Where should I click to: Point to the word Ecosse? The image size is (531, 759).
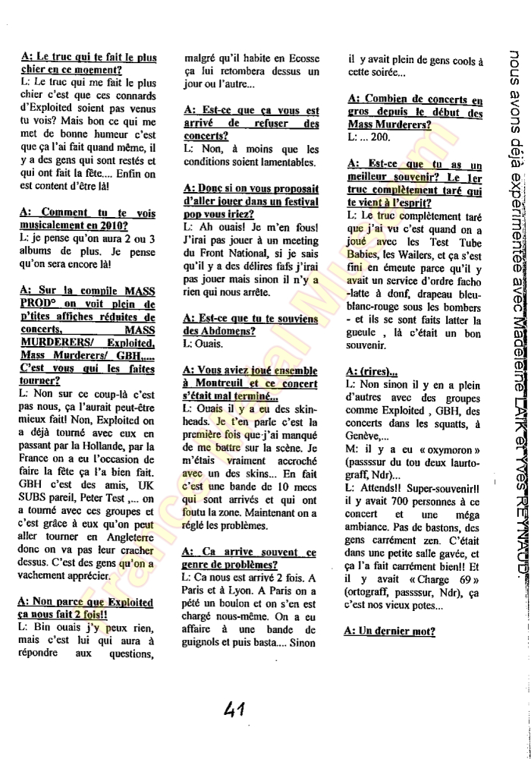296,57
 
